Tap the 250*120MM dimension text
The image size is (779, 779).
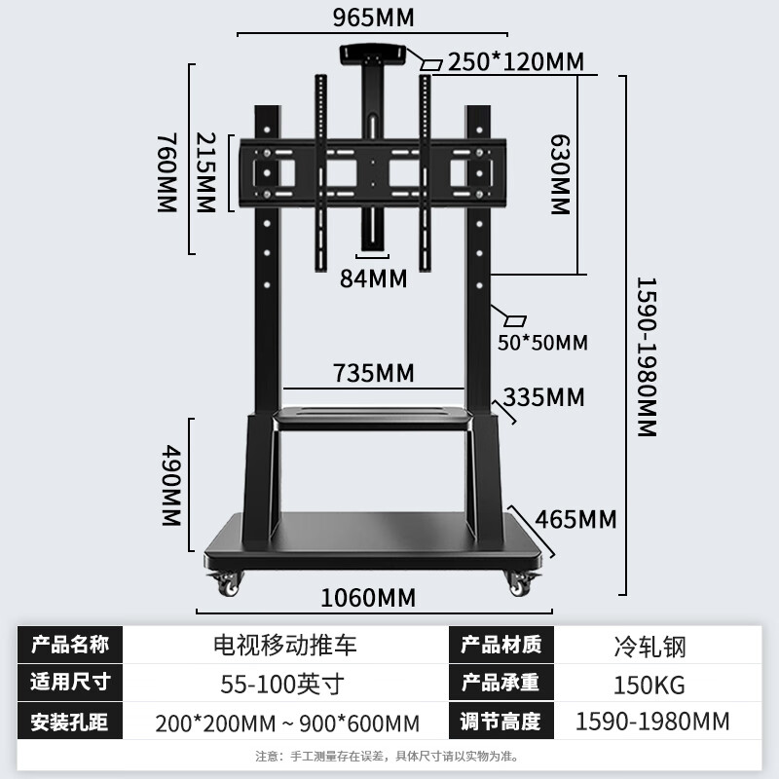tap(515, 62)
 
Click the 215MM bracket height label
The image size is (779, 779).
tap(204, 173)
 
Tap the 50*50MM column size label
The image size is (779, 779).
tap(542, 343)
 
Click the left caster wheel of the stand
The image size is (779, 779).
tap(225, 584)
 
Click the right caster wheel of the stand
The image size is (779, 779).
tap(518, 584)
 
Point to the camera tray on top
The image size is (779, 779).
tap(373, 55)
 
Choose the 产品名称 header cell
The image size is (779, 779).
tap(70, 645)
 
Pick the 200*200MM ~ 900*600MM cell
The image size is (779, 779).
tap(287, 723)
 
